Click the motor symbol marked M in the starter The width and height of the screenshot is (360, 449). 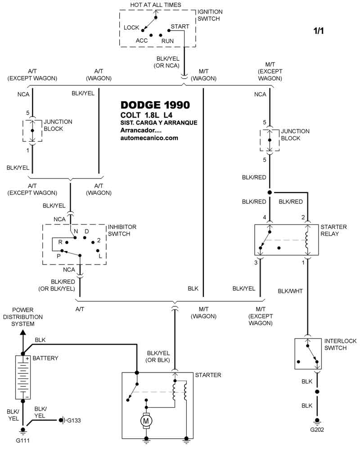point(146,420)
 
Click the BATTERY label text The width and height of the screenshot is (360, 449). point(45,358)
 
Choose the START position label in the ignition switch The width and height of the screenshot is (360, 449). point(180,27)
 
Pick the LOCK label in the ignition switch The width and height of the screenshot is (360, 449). point(131,27)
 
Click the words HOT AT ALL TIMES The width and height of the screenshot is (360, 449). point(156,5)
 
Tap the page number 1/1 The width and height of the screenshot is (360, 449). point(319,31)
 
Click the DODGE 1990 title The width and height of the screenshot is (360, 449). point(155,105)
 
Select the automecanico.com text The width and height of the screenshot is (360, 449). point(149,138)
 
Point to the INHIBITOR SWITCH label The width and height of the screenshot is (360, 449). point(122,230)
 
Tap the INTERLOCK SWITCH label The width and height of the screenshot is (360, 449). point(340,345)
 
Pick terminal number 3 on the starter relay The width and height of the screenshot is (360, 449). point(256,262)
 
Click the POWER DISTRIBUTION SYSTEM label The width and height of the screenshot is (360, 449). point(22,317)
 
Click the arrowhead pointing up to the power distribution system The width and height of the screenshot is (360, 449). point(22,332)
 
